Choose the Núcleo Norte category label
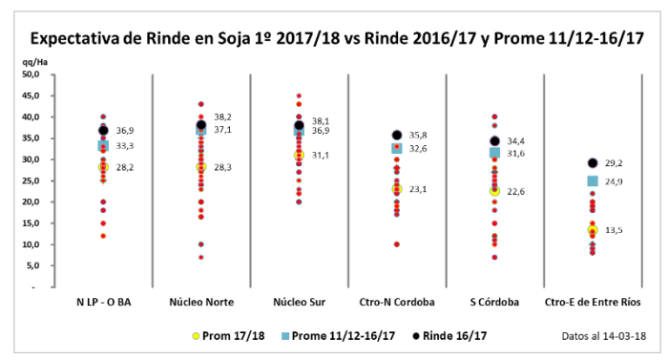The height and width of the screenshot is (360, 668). click(201, 303)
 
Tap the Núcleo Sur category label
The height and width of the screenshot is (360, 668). click(299, 303)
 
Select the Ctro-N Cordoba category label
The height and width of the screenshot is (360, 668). click(397, 303)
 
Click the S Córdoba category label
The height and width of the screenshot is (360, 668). click(494, 303)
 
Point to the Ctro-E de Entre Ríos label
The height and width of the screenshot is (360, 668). click(593, 303)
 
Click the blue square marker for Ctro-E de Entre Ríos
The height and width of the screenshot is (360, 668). click(593, 181)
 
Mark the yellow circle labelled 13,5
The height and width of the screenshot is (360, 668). click(593, 230)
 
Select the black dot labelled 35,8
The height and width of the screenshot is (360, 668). click(397, 136)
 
